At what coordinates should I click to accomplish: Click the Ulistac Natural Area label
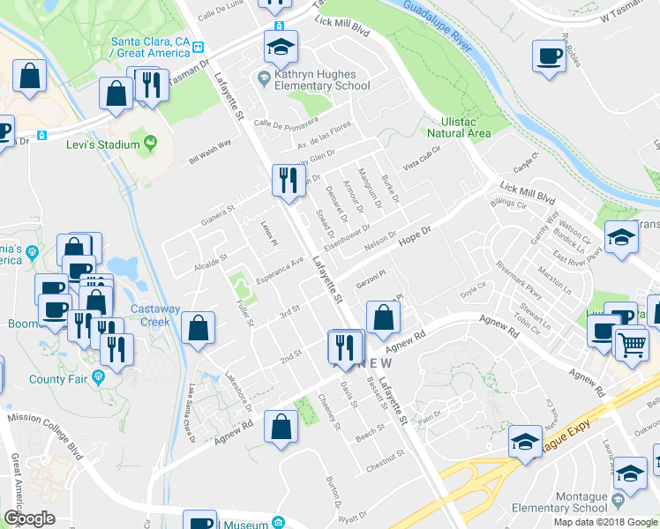pyautogui.click(x=458, y=128)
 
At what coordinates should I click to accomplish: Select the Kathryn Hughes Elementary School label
pyautogui.click(x=321, y=80)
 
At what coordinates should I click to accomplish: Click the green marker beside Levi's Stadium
pyautogui.click(x=151, y=142)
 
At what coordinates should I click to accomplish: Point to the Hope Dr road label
pyautogui.click(x=413, y=235)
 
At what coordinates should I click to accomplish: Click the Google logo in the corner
pyautogui.click(x=29, y=518)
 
